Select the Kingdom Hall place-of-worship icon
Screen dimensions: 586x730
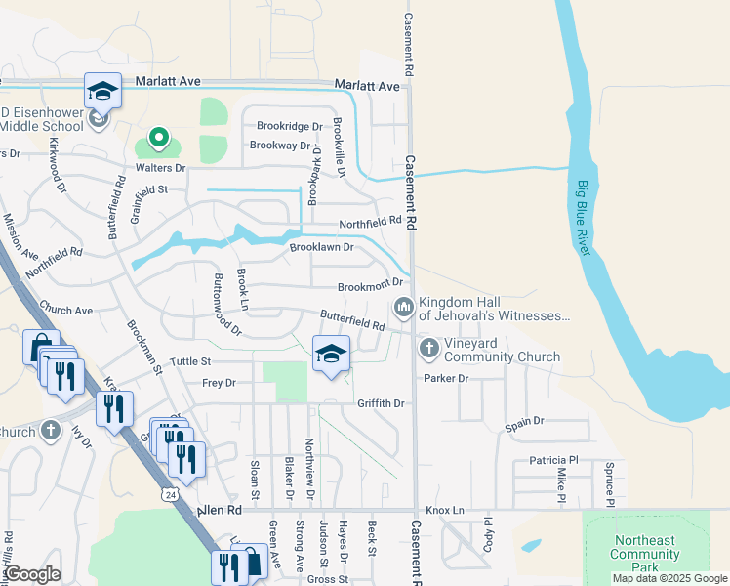[x=404, y=309]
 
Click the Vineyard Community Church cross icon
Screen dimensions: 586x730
[x=428, y=348]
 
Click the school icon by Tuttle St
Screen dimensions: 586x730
[x=331, y=354]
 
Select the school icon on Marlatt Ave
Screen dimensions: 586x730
[x=102, y=91]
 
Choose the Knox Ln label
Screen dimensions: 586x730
[x=449, y=510]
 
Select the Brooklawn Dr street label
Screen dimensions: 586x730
[x=321, y=248]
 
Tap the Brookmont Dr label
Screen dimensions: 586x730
[x=370, y=287]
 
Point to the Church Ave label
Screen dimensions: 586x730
[x=66, y=311]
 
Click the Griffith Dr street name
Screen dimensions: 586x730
[x=381, y=402]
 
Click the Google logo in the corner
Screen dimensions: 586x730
[x=32, y=574]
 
